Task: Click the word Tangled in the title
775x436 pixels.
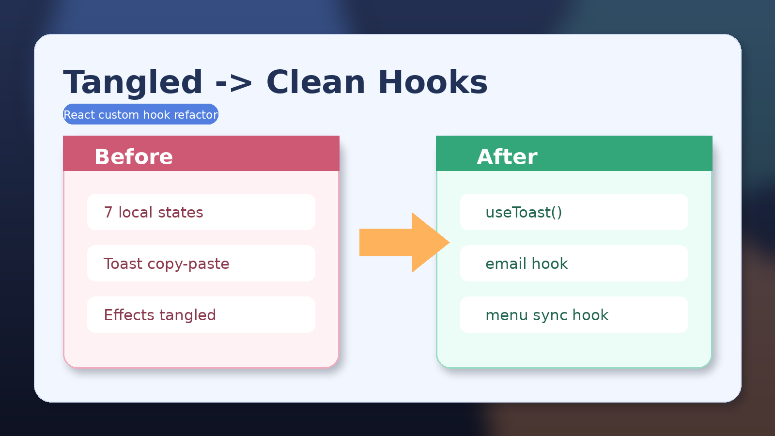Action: tap(133, 82)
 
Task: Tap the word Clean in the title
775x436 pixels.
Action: tap(315, 82)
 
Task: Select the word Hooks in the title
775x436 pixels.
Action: tap(433, 82)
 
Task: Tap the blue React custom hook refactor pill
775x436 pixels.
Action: tap(140, 114)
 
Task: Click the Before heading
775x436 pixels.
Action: tap(134, 156)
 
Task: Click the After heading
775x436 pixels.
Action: tap(507, 156)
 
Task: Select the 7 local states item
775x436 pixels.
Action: tap(201, 212)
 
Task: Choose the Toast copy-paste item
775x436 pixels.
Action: tap(201, 264)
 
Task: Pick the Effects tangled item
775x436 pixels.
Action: tap(201, 315)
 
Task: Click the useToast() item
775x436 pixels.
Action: tap(574, 212)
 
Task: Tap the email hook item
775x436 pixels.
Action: tap(574, 264)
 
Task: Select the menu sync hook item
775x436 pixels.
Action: tap(574, 315)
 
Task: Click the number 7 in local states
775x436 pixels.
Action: tap(108, 212)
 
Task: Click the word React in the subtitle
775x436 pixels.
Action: tap(79, 115)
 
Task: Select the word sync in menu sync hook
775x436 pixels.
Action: tap(550, 315)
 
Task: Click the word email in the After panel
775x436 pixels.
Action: tap(506, 264)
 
